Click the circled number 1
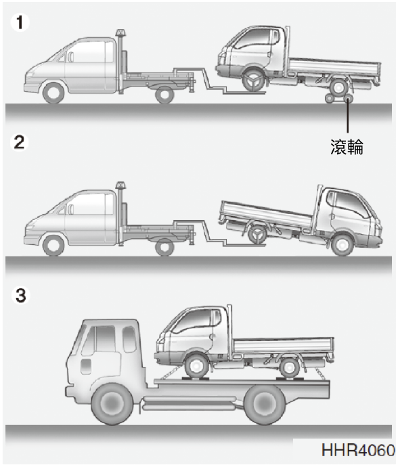click(x=20, y=22)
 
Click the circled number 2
click(x=19, y=142)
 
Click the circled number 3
click(x=20, y=296)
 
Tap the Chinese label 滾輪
click(x=347, y=147)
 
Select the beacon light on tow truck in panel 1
click(x=120, y=32)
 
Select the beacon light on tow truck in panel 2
click(x=120, y=185)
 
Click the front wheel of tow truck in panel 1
click(x=54, y=93)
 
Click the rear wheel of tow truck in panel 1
click(x=164, y=95)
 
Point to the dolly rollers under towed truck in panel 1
click(x=338, y=98)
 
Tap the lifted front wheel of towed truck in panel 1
click(x=253, y=80)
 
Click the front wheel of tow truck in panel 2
click(x=53, y=246)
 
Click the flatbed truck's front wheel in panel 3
click(x=112, y=404)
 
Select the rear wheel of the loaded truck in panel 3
click(x=289, y=368)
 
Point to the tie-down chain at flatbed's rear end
click(x=320, y=373)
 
